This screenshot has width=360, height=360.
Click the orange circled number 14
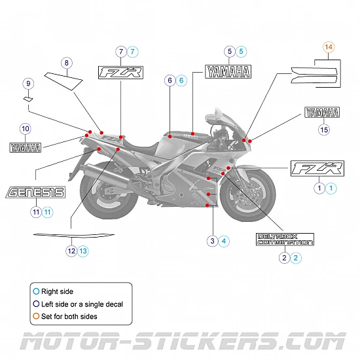coord(329,47)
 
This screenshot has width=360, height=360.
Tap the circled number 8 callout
coord(66,63)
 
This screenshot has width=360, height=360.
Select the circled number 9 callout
coord(27,84)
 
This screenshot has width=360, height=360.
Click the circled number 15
coord(323,130)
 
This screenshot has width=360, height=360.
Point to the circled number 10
coord(25,129)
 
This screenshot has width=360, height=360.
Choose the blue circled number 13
coord(83,251)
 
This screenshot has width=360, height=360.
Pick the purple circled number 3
coord(212,241)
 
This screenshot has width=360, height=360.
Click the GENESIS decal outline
coord(35,192)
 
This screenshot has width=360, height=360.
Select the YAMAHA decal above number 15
coord(322,113)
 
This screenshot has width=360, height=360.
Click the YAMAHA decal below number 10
coord(25,147)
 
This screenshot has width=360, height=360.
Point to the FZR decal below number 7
coord(120,73)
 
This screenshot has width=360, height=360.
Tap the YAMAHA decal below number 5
coord(228,71)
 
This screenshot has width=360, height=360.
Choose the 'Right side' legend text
coord(58,291)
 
